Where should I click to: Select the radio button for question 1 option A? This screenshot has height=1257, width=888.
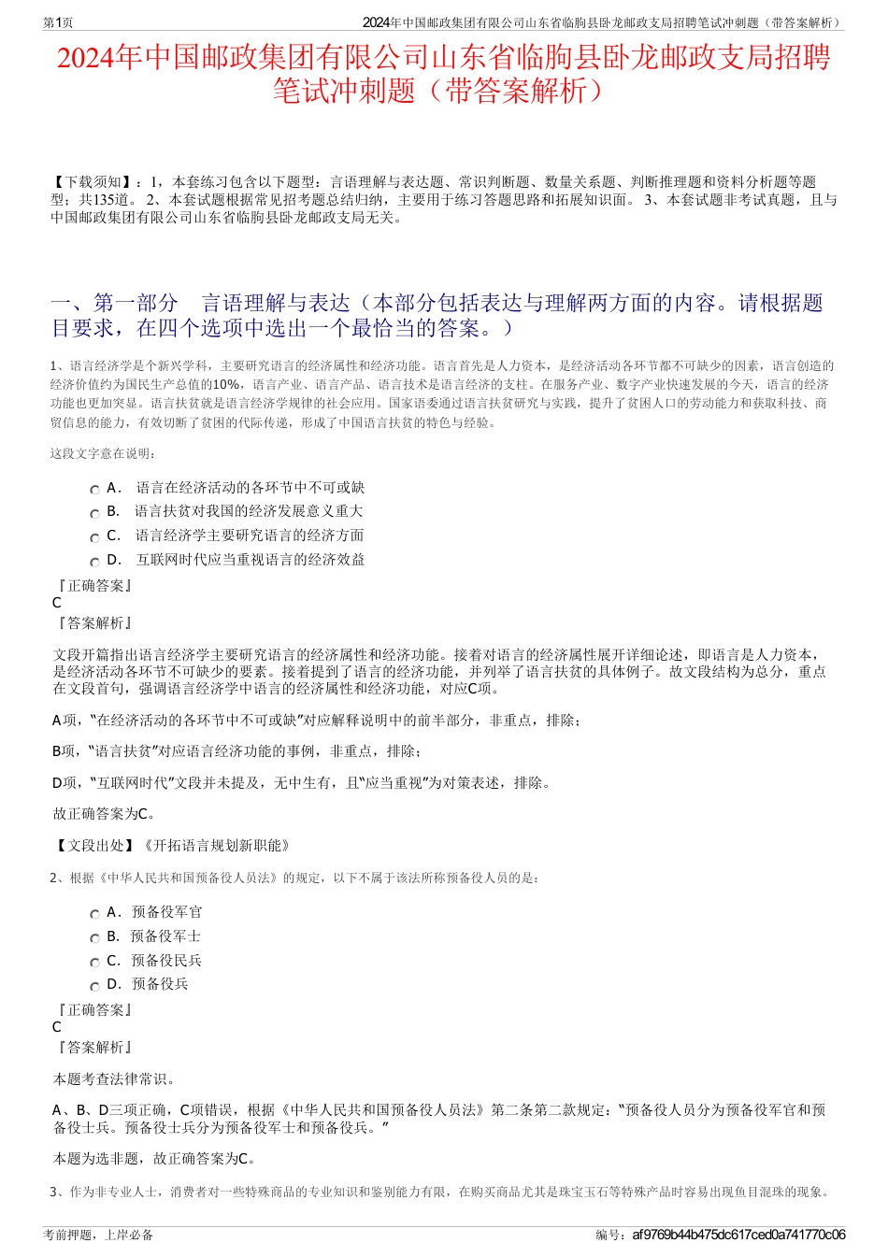pos(94,490)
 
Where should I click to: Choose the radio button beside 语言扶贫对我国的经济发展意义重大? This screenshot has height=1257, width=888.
pos(94,514)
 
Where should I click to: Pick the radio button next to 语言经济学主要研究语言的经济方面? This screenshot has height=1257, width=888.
pos(94,538)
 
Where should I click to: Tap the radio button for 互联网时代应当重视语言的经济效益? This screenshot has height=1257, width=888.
pos(94,563)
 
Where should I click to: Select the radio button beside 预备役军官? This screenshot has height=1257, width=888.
pos(94,914)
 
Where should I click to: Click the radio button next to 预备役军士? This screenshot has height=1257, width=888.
pos(94,938)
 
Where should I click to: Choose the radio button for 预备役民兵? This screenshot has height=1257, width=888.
pos(94,963)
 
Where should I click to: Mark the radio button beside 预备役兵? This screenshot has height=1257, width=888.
pos(94,986)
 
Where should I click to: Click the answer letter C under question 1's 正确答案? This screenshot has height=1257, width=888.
pos(57,603)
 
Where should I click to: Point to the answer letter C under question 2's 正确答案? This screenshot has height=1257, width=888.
pos(57,1027)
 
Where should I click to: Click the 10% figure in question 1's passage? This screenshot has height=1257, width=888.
pos(225,385)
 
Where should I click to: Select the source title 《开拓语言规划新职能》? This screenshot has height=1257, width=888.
pos(216,846)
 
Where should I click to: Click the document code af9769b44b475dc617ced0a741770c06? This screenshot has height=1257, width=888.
pos(738,1235)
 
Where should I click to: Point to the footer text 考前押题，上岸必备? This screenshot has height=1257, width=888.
pos(98,1235)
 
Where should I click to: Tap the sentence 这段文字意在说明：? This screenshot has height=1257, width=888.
pos(104,454)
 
